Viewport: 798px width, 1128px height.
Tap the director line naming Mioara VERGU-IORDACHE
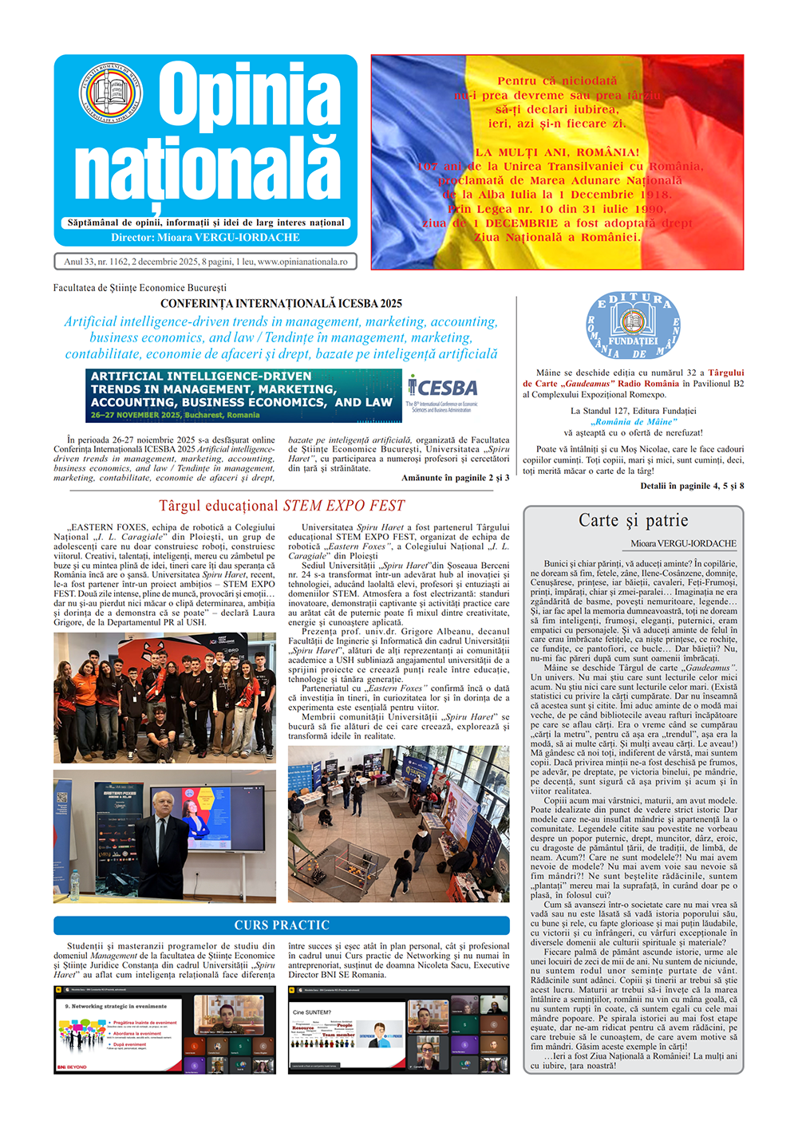click(205, 238)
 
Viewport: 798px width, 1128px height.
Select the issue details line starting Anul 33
click(205, 262)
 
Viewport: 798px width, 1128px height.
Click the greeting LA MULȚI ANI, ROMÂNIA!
click(557, 152)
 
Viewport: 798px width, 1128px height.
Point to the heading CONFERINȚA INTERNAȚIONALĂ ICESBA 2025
click(281, 303)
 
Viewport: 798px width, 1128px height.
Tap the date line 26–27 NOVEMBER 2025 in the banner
click(175, 415)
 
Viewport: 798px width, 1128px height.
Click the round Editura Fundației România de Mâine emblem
click(633, 325)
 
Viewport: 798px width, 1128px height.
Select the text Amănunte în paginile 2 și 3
click(455, 478)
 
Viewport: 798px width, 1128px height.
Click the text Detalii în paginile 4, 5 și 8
click(691, 486)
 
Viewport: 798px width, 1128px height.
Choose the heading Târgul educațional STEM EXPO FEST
click(282, 506)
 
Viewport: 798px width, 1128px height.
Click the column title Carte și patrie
click(633, 521)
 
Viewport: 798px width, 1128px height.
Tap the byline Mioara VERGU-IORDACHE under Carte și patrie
click(683, 543)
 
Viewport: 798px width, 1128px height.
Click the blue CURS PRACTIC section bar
click(282, 925)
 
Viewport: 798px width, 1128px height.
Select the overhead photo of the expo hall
click(398, 824)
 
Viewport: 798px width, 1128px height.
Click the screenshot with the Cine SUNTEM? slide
click(398, 1030)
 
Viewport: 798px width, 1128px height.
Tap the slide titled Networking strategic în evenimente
click(120, 1030)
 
